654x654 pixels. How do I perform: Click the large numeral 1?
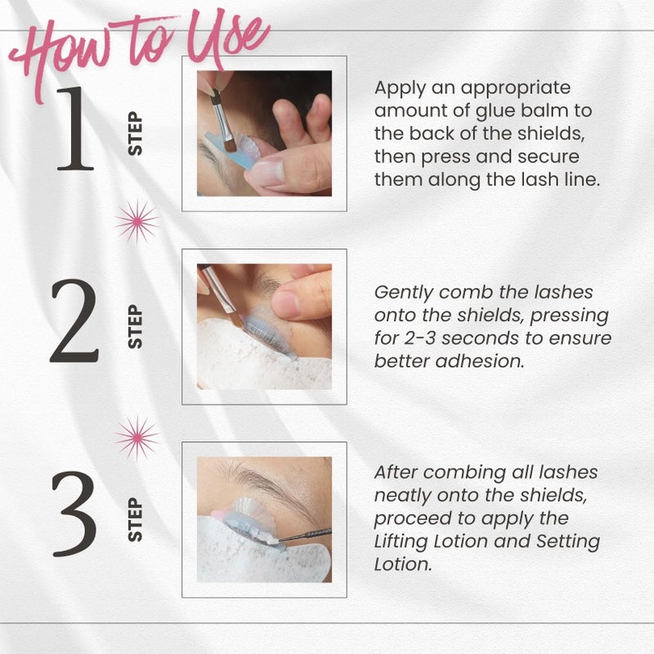[x=74, y=131]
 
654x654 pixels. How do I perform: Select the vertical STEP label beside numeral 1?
[x=136, y=134]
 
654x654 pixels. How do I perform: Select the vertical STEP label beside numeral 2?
[x=136, y=326]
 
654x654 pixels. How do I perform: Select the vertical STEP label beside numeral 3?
[x=136, y=519]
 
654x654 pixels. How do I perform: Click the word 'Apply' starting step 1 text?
[x=398, y=88]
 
